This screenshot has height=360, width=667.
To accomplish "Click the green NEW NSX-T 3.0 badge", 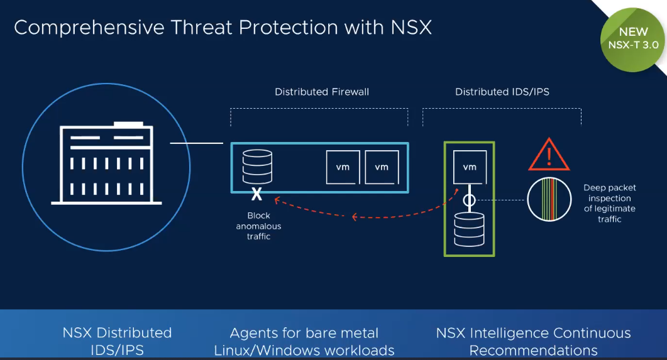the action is [x=633, y=40].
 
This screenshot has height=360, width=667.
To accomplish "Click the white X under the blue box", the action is [x=256, y=194].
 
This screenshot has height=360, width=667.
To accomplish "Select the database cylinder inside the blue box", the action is [x=257, y=166].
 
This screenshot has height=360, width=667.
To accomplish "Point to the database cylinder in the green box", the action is [x=469, y=229].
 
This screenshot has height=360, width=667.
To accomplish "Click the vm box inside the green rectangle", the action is [x=470, y=167].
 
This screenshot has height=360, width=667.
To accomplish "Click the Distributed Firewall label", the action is [x=322, y=92].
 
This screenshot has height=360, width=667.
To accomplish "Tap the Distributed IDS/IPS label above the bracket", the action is [x=502, y=92].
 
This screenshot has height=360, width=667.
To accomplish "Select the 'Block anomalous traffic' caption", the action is [x=258, y=226].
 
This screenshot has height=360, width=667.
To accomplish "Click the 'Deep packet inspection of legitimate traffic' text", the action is [x=610, y=203].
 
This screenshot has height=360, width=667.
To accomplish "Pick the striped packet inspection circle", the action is [x=549, y=199].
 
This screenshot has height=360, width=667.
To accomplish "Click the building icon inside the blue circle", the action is [x=106, y=163].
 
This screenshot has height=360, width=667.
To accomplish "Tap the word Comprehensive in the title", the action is [x=89, y=28].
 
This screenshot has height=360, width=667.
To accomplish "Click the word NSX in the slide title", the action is [x=411, y=28].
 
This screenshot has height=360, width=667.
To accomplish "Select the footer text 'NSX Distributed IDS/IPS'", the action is [x=117, y=341].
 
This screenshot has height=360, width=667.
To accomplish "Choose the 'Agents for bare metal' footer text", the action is [x=304, y=333].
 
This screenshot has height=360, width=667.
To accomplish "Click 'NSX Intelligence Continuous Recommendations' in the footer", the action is [x=534, y=341].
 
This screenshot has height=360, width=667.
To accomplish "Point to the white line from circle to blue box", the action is [x=197, y=143].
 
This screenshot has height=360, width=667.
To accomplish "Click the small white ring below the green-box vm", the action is [x=469, y=200].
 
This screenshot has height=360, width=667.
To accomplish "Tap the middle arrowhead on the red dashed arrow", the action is [x=355, y=217].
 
